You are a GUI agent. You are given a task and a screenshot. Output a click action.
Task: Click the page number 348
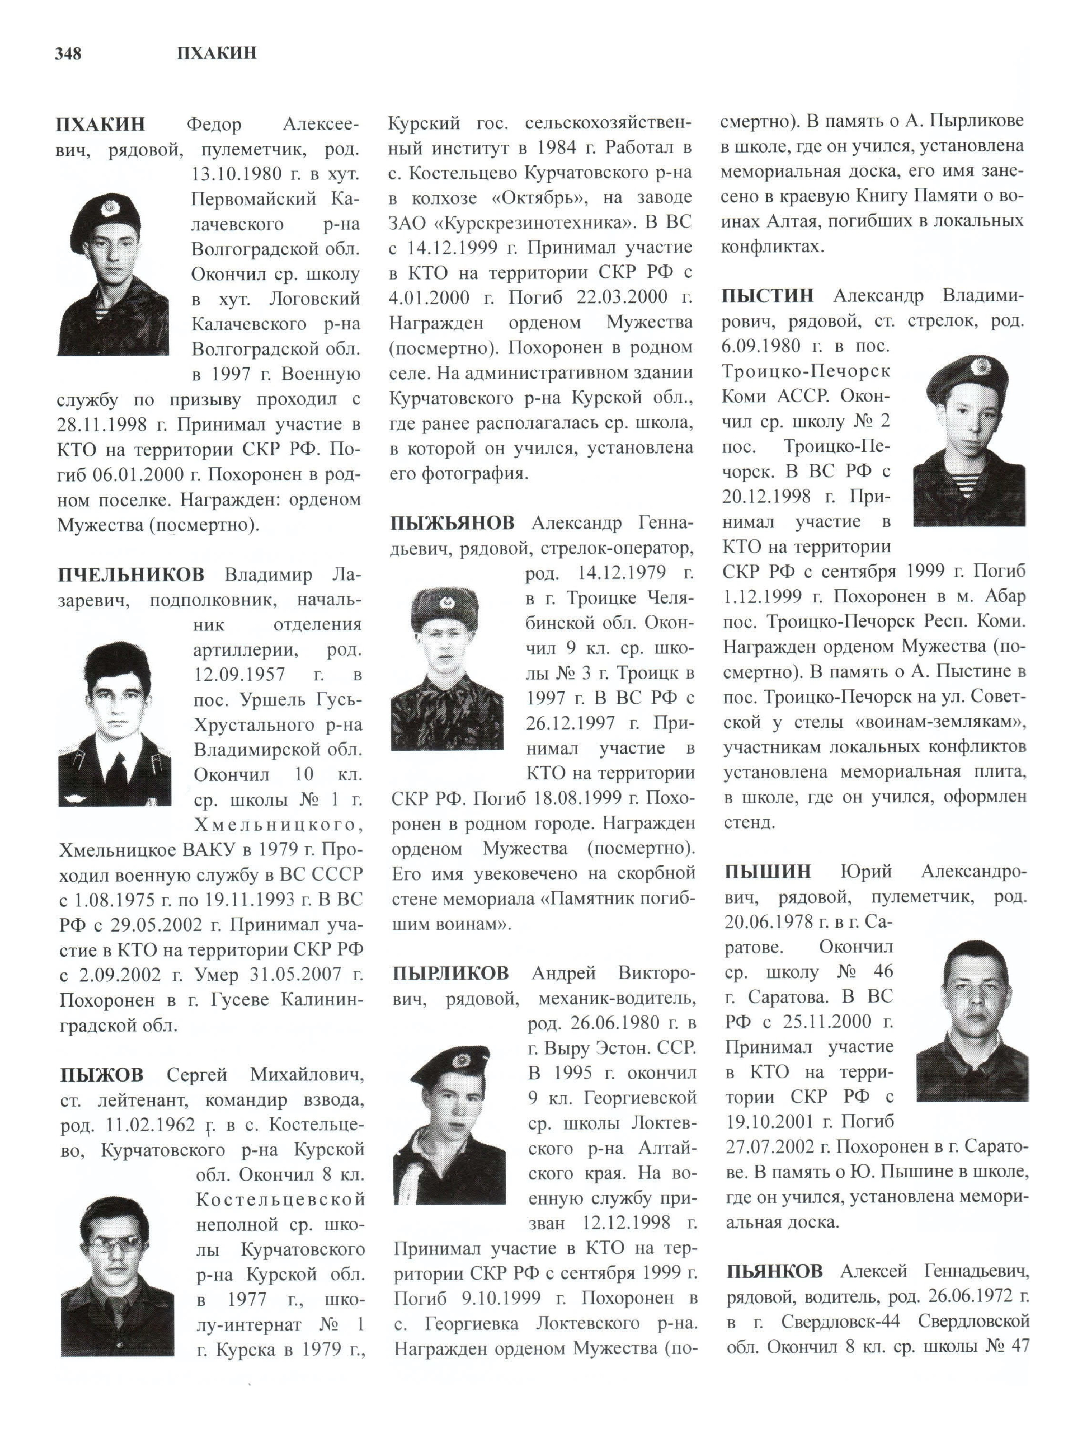point(69,53)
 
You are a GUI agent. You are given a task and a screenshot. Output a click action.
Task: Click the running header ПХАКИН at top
point(216,53)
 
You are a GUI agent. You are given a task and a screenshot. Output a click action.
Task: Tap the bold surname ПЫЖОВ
point(102,1075)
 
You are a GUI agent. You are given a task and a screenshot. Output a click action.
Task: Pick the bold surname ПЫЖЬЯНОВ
point(453,522)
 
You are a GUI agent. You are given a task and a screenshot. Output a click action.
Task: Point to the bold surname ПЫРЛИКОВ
point(450,973)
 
